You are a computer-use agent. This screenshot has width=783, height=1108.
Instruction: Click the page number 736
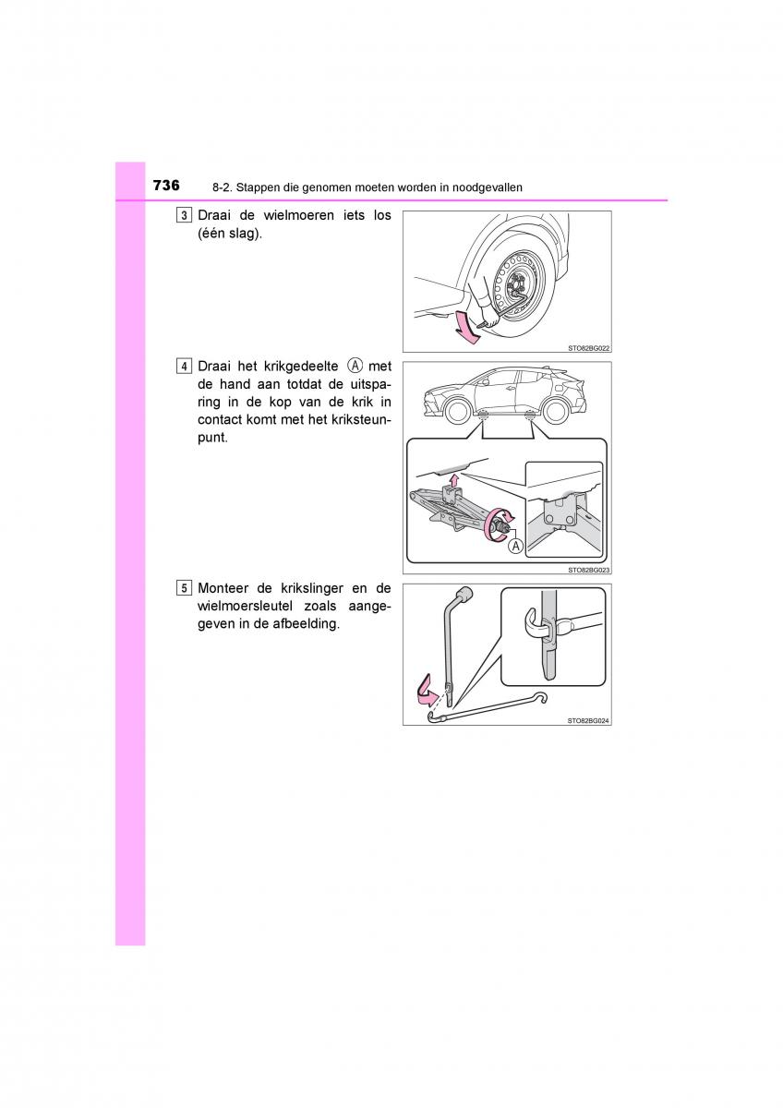point(166,186)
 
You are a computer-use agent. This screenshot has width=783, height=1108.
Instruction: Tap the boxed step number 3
point(184,216)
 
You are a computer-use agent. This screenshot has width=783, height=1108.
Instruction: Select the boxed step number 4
point(184,367)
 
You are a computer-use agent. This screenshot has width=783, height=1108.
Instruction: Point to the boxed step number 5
point(184,588)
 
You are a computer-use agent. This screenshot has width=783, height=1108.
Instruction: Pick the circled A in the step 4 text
point(355,366)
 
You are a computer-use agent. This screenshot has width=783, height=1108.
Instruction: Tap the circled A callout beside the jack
point(516,546)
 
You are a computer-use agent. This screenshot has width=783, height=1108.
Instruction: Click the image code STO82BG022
point(588,348)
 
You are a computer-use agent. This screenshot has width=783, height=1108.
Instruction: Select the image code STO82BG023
point(588,570)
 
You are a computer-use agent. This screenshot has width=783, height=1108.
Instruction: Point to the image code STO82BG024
point(588,721)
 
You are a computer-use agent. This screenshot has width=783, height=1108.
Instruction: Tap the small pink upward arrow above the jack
point(454,480)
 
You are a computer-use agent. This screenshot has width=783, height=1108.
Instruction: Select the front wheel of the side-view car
point(459,411)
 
